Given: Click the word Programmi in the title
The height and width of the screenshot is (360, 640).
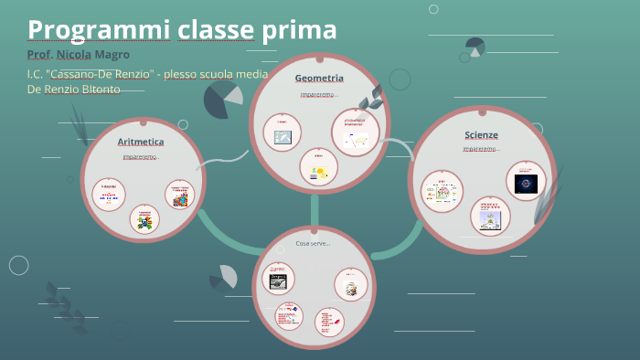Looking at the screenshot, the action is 82,30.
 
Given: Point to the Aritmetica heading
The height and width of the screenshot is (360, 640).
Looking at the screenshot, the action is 141,142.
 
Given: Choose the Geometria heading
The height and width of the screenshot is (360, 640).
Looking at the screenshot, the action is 319,79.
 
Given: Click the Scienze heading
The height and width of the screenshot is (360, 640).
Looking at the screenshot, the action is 481,135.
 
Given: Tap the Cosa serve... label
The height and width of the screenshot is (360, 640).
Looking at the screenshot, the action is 313,243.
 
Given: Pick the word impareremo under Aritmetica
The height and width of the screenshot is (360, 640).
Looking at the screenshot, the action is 141,156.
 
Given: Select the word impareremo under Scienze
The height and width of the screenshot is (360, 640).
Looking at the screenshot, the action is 480,149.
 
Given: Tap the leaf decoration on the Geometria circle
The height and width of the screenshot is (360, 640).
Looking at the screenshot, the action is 371,97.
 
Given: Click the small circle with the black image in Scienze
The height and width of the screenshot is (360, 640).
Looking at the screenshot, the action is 526,181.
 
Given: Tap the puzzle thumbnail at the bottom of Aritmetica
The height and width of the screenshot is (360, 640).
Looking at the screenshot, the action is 144,220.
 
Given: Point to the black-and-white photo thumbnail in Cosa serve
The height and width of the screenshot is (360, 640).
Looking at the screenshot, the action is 278,280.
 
